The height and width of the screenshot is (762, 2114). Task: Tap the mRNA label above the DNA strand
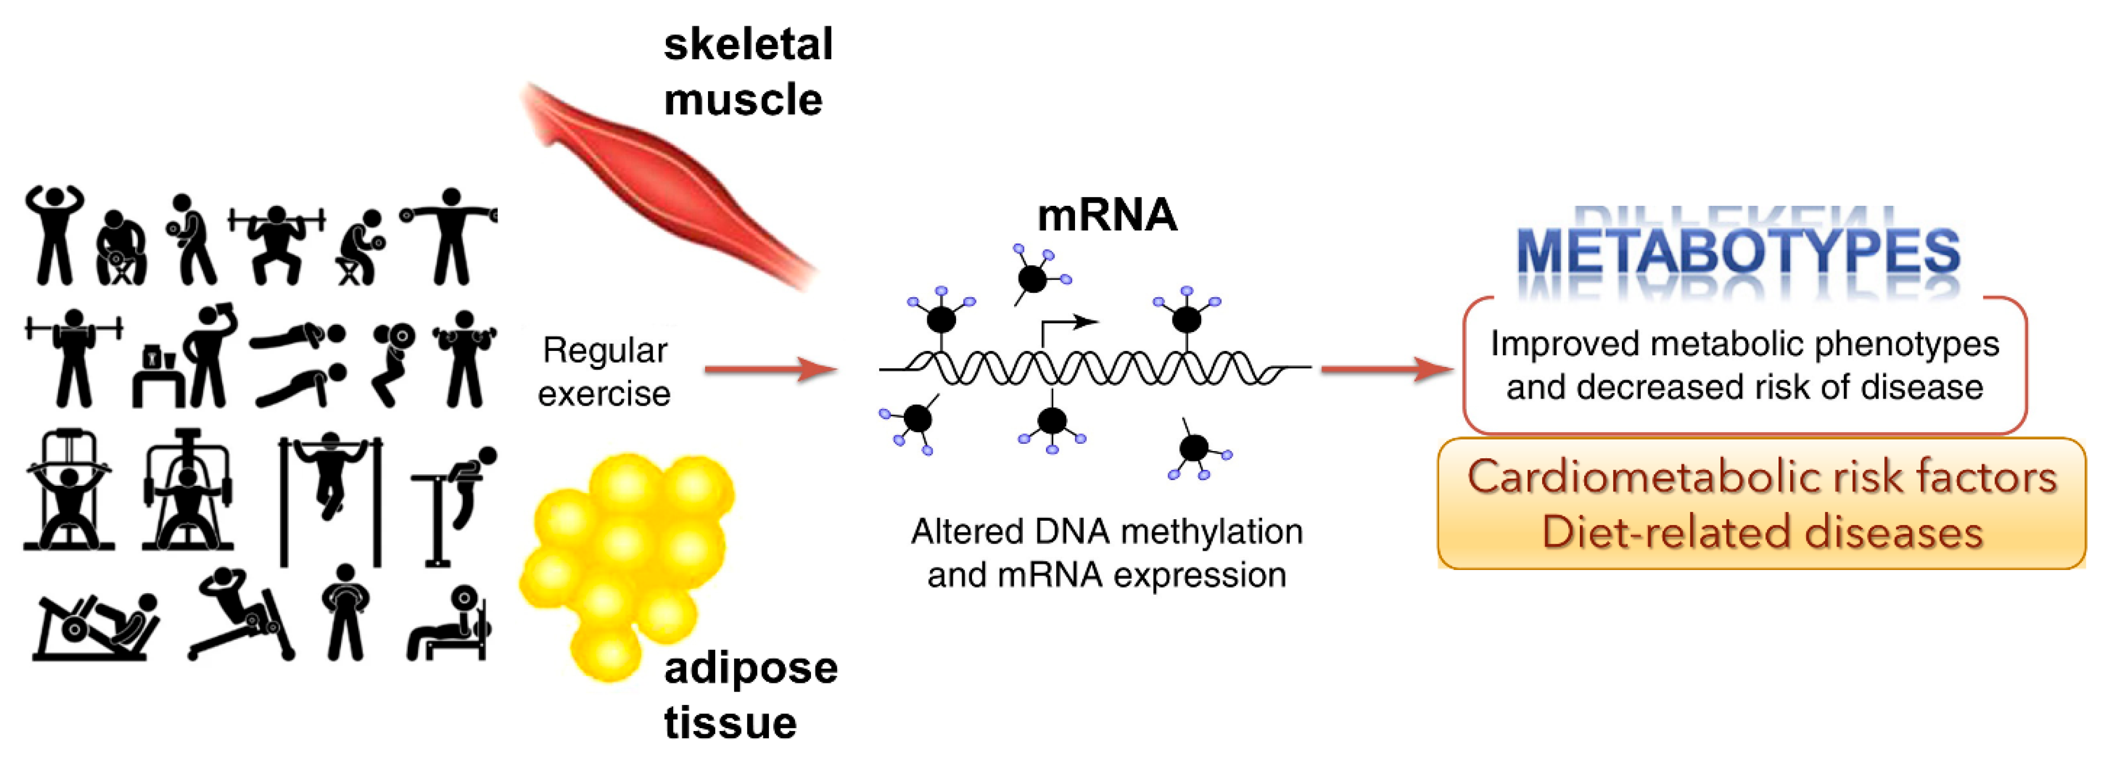1106,216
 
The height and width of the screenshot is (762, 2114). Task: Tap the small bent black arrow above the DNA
1067,328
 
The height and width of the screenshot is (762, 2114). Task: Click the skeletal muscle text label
747,72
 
